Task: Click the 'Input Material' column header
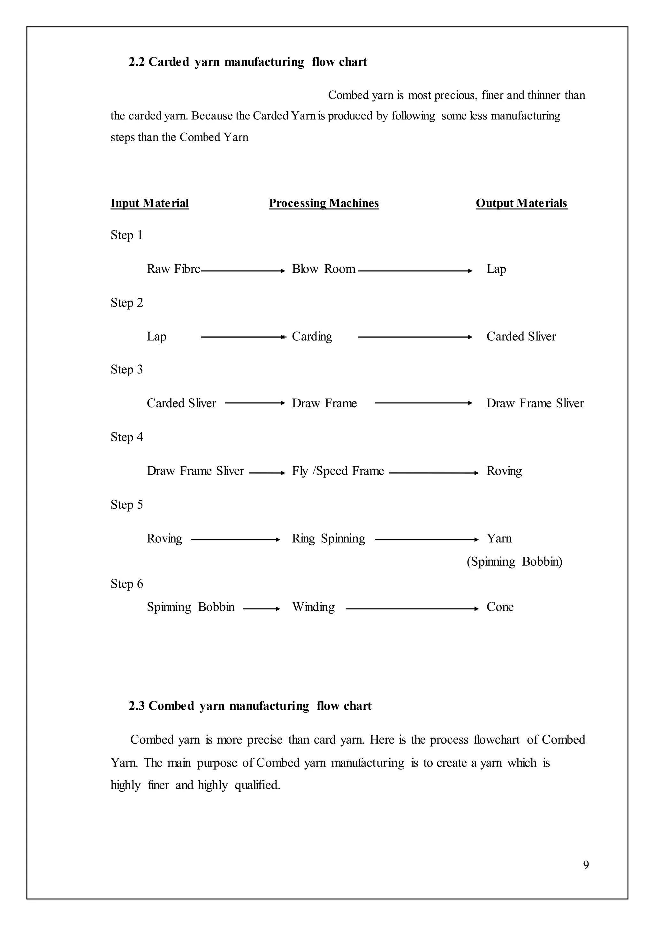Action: tap(149, 203)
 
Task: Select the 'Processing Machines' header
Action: tap(324, 203)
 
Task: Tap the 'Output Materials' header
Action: tap(521, 203)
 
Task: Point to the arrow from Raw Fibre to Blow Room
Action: tap(243, 271)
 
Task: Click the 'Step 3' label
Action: tap(126, 370)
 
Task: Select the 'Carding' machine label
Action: tap(312, 336)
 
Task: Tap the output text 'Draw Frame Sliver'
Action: tap(535, 403)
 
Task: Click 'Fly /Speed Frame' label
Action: tap(338, 471)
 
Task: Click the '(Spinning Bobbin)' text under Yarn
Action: tap(514, 562)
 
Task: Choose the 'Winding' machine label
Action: tap(313, 607)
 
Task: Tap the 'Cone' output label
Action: tap(500, 607)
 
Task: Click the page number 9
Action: tap(586, 865)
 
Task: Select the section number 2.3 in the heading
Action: tap(137, 706)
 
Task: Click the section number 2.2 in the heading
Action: tap(137, 62)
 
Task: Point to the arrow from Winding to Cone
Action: tap(412, 609)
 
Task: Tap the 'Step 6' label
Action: tap(126, 584)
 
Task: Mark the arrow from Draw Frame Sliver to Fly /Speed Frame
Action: tap(267, 473)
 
